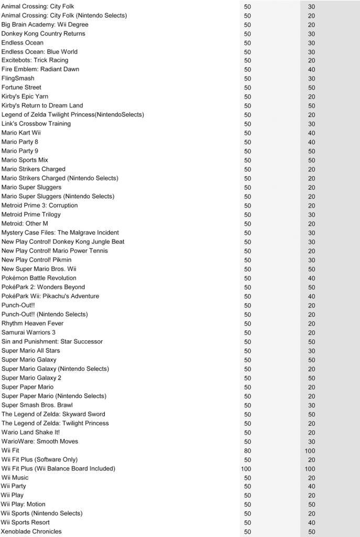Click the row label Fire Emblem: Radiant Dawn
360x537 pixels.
point(40,69)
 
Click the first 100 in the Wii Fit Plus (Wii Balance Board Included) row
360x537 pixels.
point(246,469)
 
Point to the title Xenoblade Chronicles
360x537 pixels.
point(31,531)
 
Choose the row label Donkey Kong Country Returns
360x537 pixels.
point(43,34)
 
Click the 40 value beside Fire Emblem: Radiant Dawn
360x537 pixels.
point(311,70)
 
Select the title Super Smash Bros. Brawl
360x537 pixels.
point(37,405)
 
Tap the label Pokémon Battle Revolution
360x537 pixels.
point(39,278)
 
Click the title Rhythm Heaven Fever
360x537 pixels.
point(32,323)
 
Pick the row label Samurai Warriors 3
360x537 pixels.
point(28,332)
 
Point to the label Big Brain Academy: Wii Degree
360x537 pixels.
point(45,25)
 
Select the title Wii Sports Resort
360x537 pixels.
point(26,522)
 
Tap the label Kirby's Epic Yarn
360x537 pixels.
point(25,96)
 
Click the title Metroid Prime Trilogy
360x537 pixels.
point(31,214)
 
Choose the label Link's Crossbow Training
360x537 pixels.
point(36,124)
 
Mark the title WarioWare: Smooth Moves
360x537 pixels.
point(40,441)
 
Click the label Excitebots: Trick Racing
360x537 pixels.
point(35,60)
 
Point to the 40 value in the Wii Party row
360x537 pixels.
point(311,487)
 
